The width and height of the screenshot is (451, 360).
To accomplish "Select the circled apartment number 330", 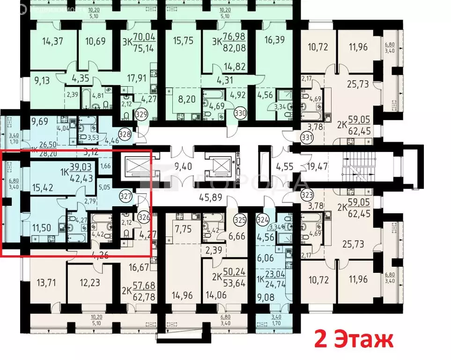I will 240,113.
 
